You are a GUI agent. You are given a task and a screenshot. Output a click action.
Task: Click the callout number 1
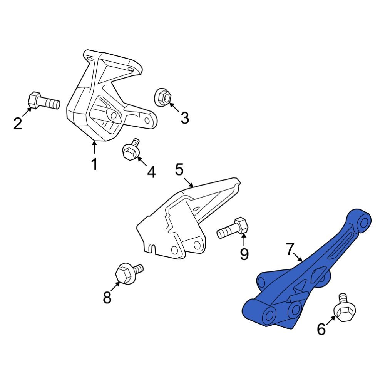[94, 164]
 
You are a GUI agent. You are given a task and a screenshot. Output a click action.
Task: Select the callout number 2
[18, 124]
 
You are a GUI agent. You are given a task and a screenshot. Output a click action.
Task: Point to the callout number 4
[152, 172]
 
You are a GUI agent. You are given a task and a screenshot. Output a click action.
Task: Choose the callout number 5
[179, 169]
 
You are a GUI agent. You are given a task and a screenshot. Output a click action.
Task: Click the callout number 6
[321, 329]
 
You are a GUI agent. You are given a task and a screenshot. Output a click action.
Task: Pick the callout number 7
[291, 249]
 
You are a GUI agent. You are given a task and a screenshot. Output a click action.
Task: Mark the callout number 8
[107, 297]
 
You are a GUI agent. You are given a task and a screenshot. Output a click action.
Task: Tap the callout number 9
[244, 254]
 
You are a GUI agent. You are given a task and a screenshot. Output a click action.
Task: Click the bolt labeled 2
[44, 102]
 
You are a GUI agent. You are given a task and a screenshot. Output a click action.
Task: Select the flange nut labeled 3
[163, 97]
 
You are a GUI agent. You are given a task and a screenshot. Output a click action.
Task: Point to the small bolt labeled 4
[131, 150]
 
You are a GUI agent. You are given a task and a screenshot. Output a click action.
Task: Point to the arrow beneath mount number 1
[94, 148]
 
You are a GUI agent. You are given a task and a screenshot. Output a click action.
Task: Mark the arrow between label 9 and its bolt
[244, 240]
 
